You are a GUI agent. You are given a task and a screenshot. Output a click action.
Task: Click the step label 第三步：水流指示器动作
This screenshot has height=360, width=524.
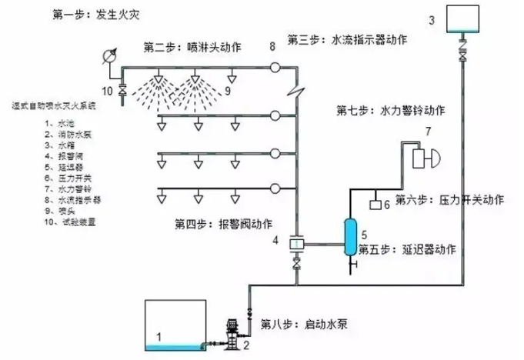tap(347, 38)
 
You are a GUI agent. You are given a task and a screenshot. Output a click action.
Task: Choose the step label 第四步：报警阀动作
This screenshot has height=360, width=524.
tap(224, 224)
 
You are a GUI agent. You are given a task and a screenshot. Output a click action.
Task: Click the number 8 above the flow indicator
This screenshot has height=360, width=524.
tap(272, 48)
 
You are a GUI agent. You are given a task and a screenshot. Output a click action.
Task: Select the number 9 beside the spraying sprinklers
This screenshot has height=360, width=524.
tap(227, 92)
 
